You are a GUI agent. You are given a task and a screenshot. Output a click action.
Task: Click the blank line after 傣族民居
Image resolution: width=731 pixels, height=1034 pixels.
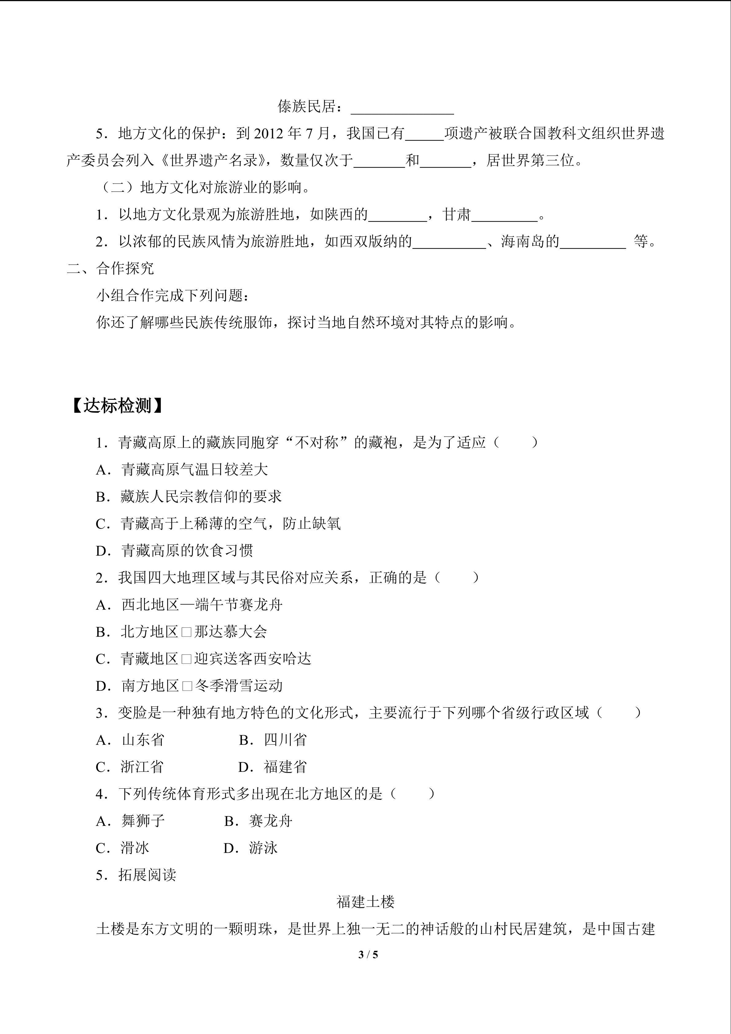click(x=402, y=108)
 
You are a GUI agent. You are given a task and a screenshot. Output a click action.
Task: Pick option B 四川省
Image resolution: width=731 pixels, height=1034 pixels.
click(x=273, y=739)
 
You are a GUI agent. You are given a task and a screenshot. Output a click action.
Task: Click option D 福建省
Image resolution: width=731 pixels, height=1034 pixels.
click(x=273, y=767)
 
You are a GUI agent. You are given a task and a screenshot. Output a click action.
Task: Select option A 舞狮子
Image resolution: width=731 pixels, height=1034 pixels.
click(x=130, y=821)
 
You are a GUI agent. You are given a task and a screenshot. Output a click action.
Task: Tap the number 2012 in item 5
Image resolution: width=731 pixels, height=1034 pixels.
click(x=269, y=134)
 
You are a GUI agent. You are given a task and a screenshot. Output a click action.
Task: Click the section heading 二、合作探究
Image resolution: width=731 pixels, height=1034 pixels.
click(x=110, y=268)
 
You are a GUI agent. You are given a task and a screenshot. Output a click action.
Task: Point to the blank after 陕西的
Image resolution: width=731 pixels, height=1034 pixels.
click(x=398, y=216)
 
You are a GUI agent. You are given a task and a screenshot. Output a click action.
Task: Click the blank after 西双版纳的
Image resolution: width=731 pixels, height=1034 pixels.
click(x=449, y=243)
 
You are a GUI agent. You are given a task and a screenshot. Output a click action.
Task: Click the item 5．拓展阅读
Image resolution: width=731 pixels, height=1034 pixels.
click(x=136, y=875)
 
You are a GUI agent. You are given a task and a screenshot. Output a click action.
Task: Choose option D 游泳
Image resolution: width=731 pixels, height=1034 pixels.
click(x=251, y=848)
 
